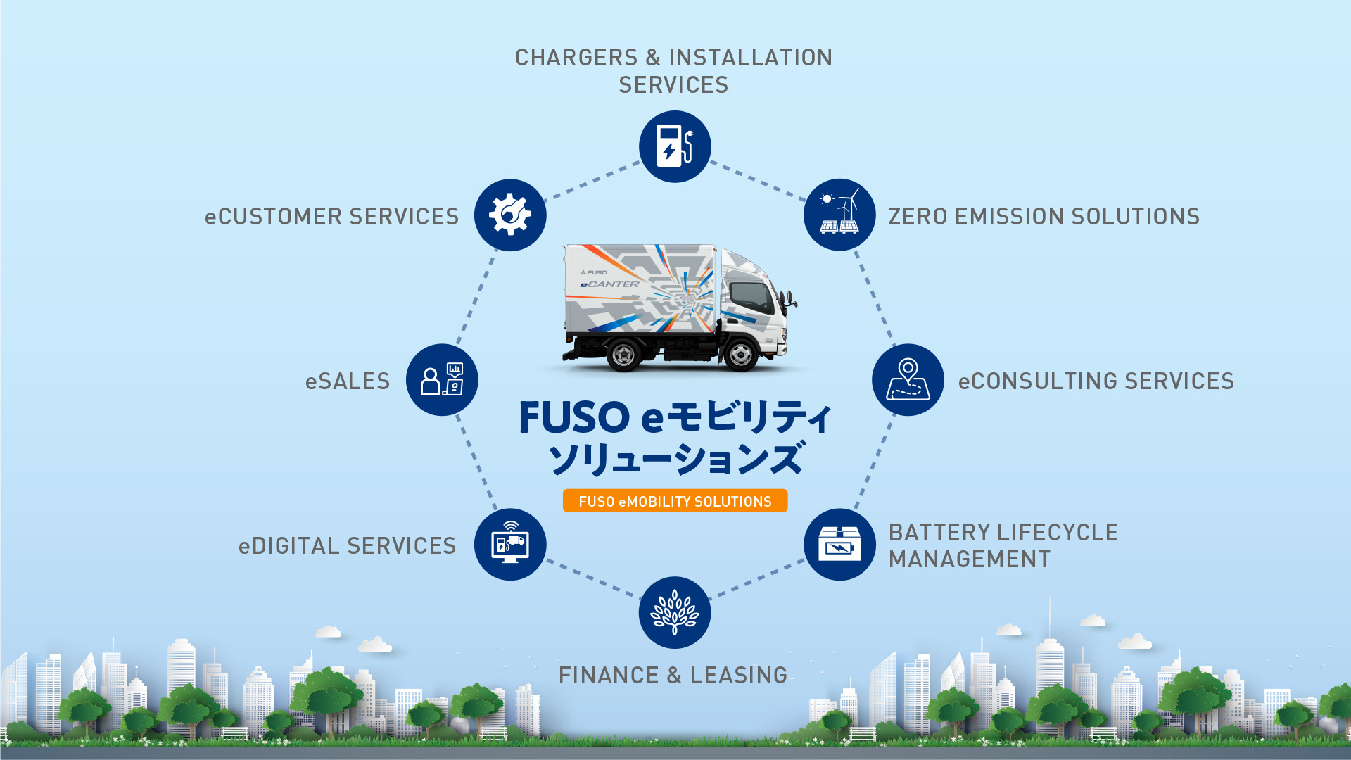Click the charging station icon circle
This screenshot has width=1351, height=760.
point(675,146)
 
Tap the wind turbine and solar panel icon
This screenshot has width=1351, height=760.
point(839,215)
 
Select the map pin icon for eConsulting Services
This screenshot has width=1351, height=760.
point(908,380)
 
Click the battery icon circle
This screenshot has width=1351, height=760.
point(839,545)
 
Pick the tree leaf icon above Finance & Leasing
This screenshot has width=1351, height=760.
point(675,612)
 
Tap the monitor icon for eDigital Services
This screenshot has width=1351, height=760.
point(510,545)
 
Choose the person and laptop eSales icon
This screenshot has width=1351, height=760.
point(442,380)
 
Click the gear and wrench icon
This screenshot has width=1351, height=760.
point(510,215)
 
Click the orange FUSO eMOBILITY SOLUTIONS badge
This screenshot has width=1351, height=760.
point(675,501)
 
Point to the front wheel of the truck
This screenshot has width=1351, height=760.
point(740,355)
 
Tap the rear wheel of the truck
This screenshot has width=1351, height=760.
point(624,355)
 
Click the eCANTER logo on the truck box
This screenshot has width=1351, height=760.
point(609,284)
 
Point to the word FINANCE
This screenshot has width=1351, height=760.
point(609,676)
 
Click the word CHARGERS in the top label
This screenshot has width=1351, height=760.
point(576,58)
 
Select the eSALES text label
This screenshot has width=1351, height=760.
point(348,381)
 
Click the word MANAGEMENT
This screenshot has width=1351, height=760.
point(969,559)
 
